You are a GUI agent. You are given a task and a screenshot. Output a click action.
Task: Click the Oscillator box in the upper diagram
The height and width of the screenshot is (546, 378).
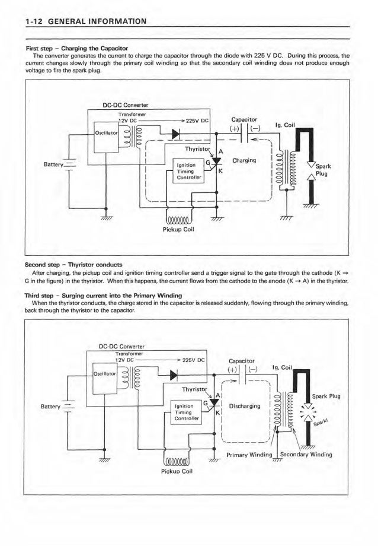(x=107, y=132)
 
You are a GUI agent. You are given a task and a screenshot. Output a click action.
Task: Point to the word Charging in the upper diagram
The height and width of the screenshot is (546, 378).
(x=244, y=160)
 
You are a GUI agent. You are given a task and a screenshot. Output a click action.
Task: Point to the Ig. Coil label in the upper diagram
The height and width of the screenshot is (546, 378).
(x=288, y=125)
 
